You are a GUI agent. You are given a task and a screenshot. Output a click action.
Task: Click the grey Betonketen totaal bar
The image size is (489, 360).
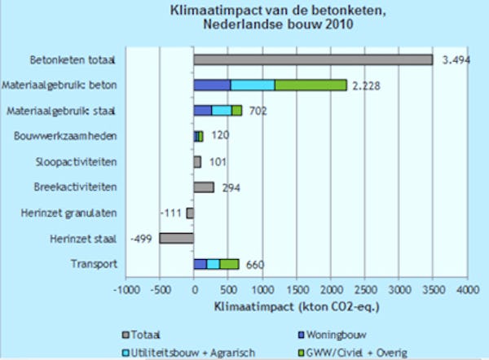pyautogui.click(x=313, y=59)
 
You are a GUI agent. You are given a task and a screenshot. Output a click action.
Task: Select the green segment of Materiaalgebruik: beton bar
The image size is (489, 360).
pyautogui.click(x=311, y=85)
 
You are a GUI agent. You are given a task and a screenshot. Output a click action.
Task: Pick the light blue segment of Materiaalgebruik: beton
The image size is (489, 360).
pyautogui.click(x=253, y=85)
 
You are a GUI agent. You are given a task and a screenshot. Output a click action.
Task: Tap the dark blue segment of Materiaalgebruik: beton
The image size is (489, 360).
pyautogui.click(x=212, y=85)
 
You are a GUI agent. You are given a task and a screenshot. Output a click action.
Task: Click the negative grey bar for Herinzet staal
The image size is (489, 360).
pyautogui.click(x=176, y=238)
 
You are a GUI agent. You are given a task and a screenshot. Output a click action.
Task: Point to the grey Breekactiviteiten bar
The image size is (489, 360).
pyautogui.click(x=204, y=187)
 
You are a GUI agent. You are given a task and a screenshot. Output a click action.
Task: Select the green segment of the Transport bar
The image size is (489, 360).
pyautogui.click(x=229, y=264)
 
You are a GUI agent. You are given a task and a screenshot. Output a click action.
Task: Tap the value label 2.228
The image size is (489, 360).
pyautogui.click(x=368, y=85)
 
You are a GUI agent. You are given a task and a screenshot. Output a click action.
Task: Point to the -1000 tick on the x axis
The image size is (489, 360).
pyautogui.click(x=125, y=289)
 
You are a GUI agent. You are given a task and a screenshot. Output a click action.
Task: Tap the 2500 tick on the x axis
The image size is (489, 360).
pyautogui.click(x=364, y=289)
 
